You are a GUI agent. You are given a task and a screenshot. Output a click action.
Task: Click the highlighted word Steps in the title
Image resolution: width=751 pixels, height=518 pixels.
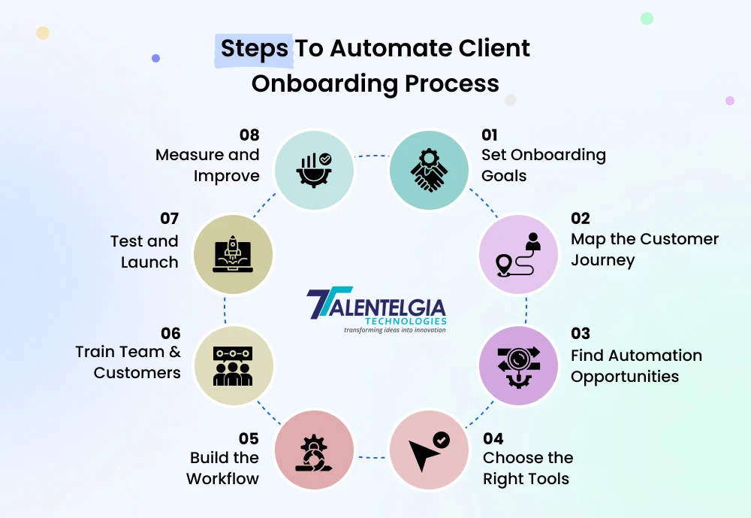(x=254, y=48)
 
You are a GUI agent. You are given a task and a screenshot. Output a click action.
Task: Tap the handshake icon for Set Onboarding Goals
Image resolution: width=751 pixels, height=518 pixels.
(x=429, y=171)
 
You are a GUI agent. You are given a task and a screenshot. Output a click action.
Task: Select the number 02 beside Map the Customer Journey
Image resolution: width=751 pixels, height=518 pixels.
(x=581, y=219)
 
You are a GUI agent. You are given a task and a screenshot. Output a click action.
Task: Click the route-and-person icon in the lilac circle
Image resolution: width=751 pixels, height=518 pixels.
(x=518, y=254)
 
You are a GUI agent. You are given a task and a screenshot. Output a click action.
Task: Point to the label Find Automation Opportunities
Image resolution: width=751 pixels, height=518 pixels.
(x=635, y=365)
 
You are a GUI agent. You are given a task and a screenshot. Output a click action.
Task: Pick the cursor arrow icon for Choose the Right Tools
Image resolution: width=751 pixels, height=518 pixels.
(x=429, y=449)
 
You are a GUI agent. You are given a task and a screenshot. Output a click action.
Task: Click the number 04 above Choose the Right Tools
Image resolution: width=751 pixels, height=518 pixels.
(x=493, y=438)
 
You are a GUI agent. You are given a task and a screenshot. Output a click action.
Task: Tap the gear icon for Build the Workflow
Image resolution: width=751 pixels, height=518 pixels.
(x=314, y=450)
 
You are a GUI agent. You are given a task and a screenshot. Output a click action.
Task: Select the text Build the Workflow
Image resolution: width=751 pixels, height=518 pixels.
(x=223, y=468)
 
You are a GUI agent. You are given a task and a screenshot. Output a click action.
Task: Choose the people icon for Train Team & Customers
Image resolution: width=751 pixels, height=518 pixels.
(x=234, y=365)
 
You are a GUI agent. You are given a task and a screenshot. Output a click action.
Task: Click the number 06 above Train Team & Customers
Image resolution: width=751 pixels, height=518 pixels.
(x=170, y=333)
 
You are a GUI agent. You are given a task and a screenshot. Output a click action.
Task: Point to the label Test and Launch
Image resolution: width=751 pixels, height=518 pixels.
(x=144, y=252)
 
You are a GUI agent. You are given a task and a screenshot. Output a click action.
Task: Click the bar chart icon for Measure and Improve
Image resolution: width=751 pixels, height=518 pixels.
(x=314, y=170)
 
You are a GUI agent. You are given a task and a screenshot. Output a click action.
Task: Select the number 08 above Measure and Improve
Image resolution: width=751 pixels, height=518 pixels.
(x=249, y=135)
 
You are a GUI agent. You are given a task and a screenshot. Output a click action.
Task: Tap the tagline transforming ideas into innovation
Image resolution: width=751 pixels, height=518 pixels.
(x=394, y=330)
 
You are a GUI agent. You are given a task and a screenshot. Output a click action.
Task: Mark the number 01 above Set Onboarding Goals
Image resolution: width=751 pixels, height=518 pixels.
(x=490, y=135)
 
